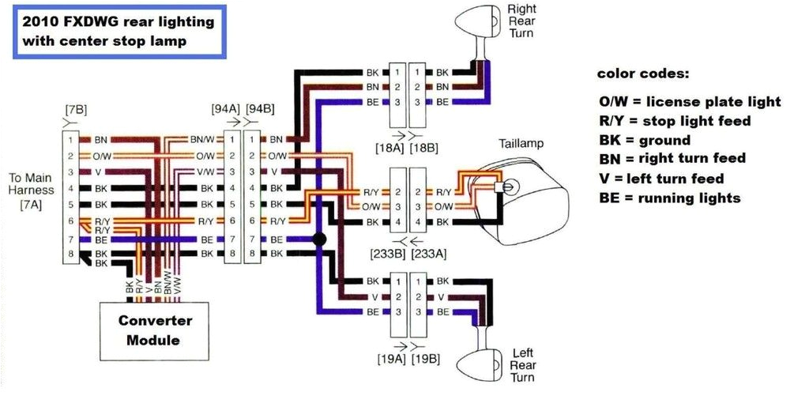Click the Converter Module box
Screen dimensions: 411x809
pyautogui.click(x=155, y=330)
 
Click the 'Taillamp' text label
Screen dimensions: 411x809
pyautogui.click(x=521, y=144)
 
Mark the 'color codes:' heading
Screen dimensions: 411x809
pyautogui.click(x=642, y=74)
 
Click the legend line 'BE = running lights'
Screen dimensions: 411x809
pyautogui.click(x=670, y=198)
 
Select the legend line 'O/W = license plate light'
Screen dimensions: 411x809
pyautogui.click(x=690, y=102)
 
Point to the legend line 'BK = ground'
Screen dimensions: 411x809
pyautogui.click(x=645, y=141)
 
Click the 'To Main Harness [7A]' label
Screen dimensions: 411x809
pyautogui.click(x=32, y=190)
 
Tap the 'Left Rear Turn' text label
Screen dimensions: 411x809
pyautogui.click(x=522, y=364)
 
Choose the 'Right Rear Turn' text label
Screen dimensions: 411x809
pyautogui.click(x=521, y=21)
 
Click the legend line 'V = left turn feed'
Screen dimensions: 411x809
pyautogui.click(x=661, y=179)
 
